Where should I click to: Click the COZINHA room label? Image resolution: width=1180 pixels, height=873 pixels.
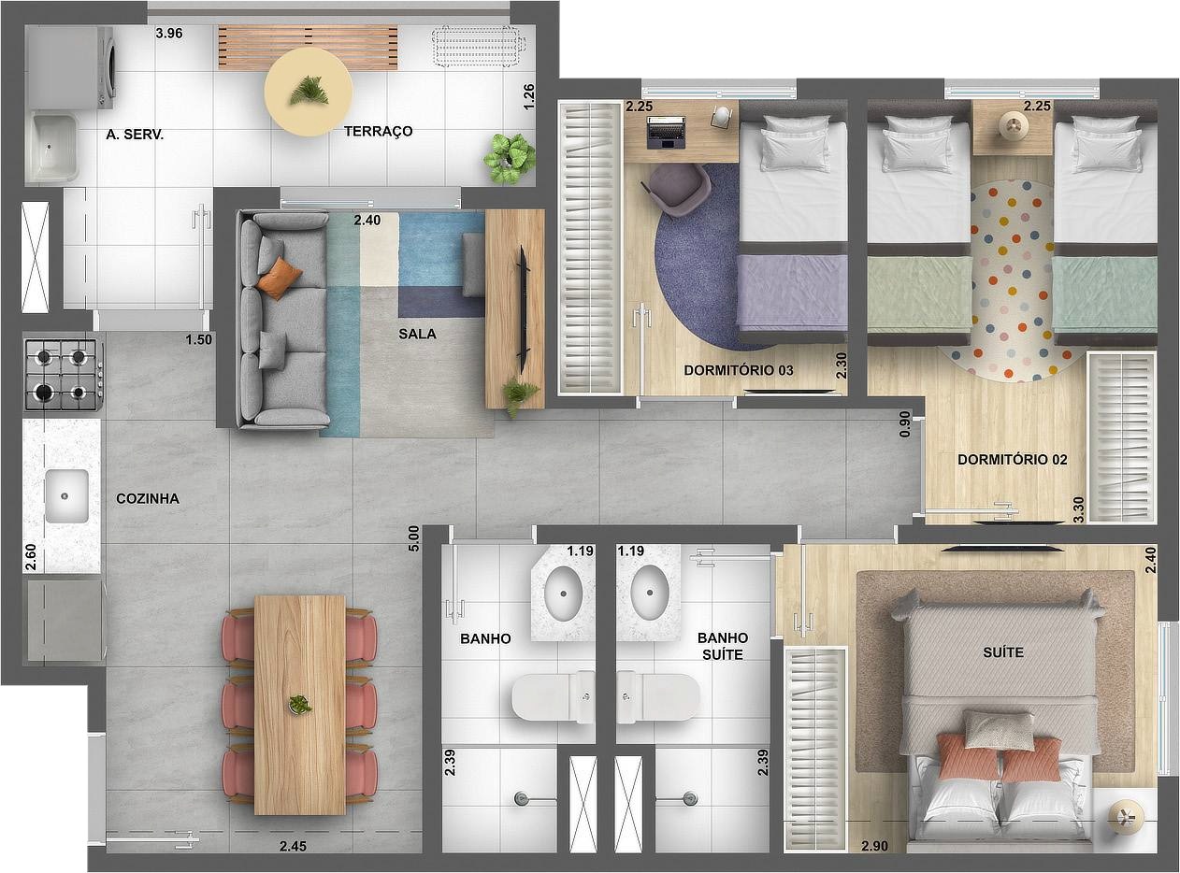(x=148, y=499)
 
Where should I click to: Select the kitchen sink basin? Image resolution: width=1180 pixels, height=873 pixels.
(x=66, y=496)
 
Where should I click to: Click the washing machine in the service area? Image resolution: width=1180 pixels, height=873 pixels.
(x=71, y=67)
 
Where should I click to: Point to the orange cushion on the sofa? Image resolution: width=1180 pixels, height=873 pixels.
(x=280, y=278)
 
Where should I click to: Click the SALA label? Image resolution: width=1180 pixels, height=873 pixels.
(x=417, y=334)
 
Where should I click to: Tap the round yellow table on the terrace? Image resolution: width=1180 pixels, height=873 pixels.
(x=308, y=93)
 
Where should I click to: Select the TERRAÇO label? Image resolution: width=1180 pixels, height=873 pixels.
(x=378, y=132)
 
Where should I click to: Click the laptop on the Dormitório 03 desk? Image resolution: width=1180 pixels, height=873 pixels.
(x=665, y=132)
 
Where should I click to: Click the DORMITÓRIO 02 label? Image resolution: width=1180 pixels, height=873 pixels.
(x=1012, y=460)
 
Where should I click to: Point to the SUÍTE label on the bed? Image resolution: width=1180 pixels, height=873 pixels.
(x=1002, y=651)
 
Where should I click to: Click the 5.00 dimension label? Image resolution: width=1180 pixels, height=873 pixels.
(x=413, y=539)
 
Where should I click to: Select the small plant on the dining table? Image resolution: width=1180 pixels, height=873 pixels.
(x=299, y=705)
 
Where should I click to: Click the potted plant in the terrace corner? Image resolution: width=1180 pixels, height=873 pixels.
(x=510, y=157)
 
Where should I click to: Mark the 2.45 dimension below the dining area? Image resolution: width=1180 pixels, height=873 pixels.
(x=294, y=848)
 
